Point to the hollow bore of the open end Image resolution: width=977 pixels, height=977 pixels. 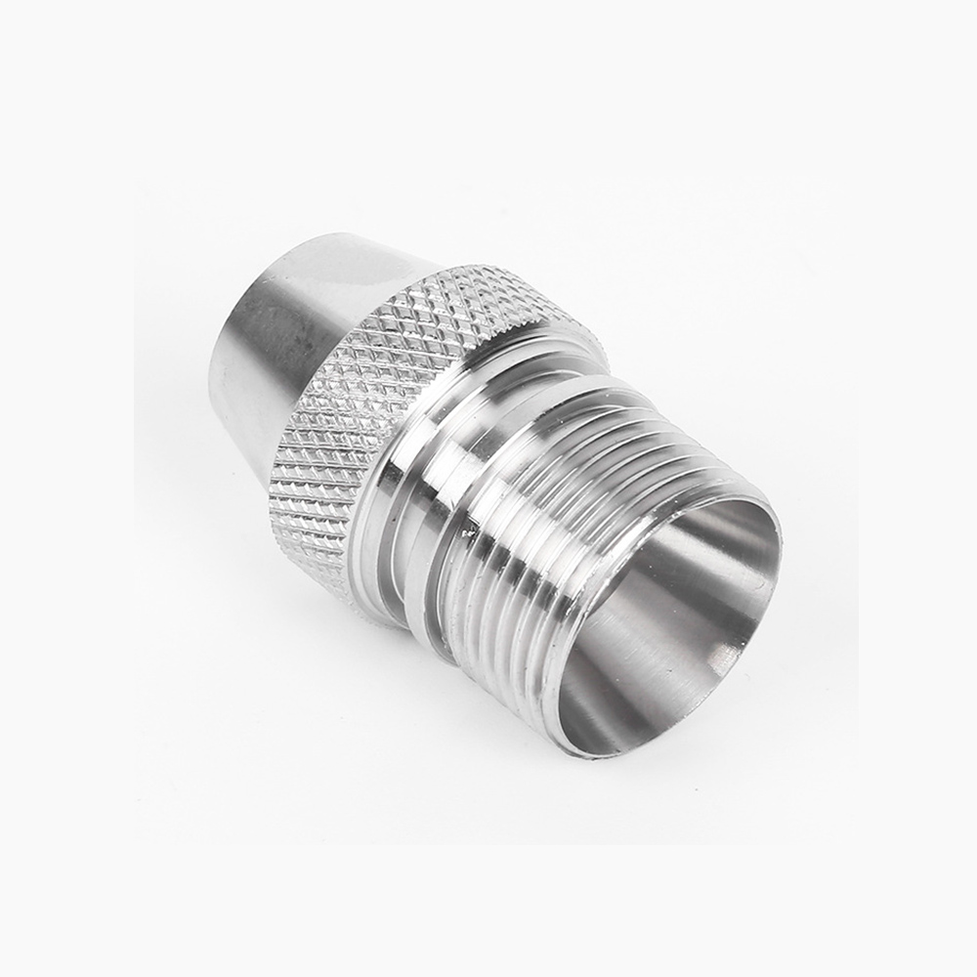point(674,625)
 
